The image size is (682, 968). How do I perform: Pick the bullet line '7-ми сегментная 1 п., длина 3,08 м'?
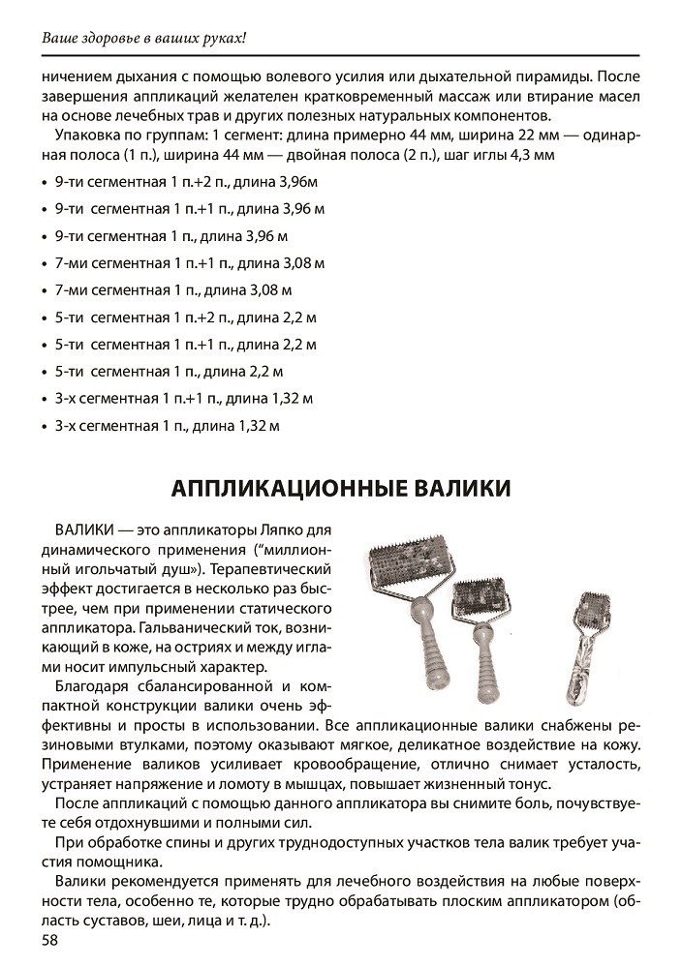tap(174, 289)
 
